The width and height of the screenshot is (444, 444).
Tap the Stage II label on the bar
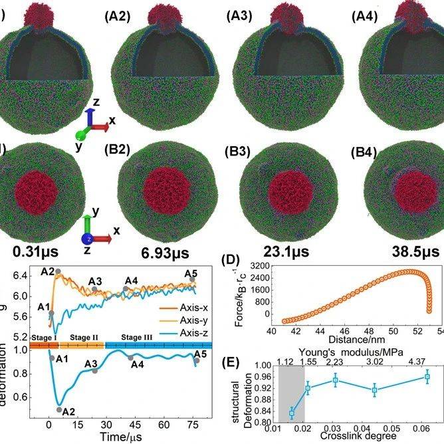(84, 338)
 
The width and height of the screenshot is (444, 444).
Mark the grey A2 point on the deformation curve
(58, 409)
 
